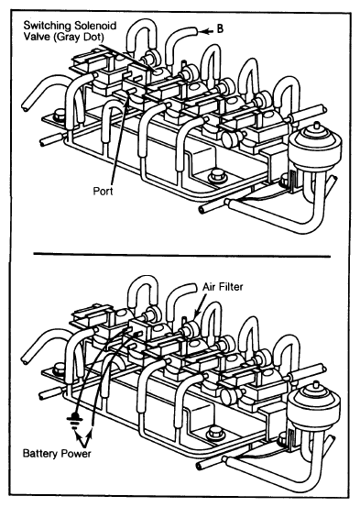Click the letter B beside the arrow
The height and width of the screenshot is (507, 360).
coord(220,28)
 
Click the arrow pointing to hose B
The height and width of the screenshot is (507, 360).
coord(206,31)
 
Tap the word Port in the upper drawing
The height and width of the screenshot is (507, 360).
coord(104,191)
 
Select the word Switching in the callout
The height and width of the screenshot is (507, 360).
coord(48,26)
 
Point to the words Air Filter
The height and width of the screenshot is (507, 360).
coord(223,286)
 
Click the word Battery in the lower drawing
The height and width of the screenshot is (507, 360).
coord(40,453)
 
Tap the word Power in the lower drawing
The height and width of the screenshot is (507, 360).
coord(76,453)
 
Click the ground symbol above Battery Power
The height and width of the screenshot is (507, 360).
coord(74,419)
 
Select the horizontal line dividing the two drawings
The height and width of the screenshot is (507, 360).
coord(182,255)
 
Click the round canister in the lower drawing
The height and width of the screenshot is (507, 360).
coord(313,407)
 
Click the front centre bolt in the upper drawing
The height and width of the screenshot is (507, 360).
coord(215,176)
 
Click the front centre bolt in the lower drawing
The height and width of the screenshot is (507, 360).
coord(214,434)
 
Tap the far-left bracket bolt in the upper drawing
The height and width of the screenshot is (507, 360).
coord(60,115)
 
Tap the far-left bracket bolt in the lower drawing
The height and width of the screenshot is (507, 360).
coord(60,369)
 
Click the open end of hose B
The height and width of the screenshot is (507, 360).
coord(194,31)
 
